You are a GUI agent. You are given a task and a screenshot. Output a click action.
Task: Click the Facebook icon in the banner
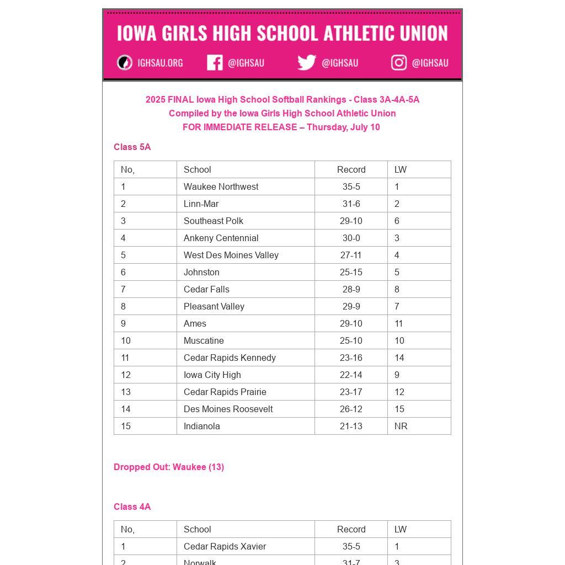(x=215, y=63)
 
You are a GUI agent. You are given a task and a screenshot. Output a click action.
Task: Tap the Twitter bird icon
(x=307, y=62)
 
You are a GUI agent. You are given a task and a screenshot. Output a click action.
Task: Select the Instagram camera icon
(x=399, y=63)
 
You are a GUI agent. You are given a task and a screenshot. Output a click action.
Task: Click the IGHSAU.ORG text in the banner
(x=160, y=63)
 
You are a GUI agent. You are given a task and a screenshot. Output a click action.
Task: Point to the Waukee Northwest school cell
(x=221, y=186)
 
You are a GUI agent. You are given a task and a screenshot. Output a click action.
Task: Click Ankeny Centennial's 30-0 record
(x=351, y=238)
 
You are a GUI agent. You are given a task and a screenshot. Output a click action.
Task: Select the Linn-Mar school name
(x=201, y=204)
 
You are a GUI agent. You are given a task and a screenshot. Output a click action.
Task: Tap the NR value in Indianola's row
(x=401, y=426)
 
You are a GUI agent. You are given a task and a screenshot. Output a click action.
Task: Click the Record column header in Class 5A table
(x=351, y=169)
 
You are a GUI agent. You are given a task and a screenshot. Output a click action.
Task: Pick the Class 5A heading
(x=132, y=147)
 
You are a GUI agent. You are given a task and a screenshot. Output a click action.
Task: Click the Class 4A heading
(x=132, y=507)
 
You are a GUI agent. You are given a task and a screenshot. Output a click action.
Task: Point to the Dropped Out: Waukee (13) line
(x=169, y=467)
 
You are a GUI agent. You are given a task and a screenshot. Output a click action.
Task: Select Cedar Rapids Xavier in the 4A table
(x=225, y=546)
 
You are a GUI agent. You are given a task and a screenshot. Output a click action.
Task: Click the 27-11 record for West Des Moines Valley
(x=351, y=255)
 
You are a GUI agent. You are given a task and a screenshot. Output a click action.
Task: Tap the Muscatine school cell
(x=204, y=340)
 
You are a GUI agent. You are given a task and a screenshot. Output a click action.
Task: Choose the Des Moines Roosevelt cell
(x=228, y=409)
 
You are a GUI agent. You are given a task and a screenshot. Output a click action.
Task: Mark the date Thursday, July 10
(x=343, y=127)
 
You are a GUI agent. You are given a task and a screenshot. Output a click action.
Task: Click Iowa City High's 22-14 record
(x=351, y=375)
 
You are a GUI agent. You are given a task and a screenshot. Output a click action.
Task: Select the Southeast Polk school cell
(x=213, y=221)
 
